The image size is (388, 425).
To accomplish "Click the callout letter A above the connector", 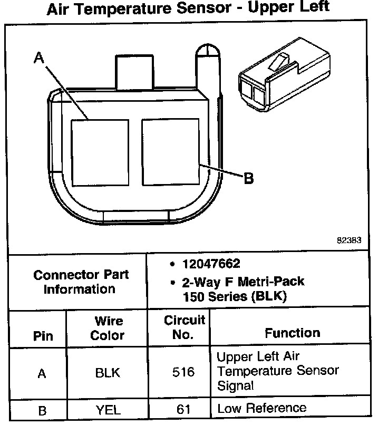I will (x=38, y=58).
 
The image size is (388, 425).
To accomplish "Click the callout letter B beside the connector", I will (x=248, y=179).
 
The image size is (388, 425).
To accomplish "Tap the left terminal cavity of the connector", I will (x=100, y=152).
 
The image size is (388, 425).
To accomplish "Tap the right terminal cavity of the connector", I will (x=170, y=152).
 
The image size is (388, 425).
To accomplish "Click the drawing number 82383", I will (x=349, y=239).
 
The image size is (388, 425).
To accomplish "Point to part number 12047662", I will (x=211, y=263).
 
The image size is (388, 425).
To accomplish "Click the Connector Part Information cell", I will (x=81, y=282).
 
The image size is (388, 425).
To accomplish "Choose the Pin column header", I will (x=43, y=336).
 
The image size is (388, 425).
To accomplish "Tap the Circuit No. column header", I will (x=184, y=327).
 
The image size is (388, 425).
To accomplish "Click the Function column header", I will (x=292, y=333).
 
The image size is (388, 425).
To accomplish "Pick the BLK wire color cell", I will (x=107, y=373).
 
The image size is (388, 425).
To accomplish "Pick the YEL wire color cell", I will (x=107, y=409).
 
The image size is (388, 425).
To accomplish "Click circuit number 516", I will (x=183, y=373).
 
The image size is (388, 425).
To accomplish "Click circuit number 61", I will (x=183, y=409).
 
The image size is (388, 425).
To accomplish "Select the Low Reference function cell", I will (x=261, y=408).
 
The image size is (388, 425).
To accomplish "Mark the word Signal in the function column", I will (x=235, y=386).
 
